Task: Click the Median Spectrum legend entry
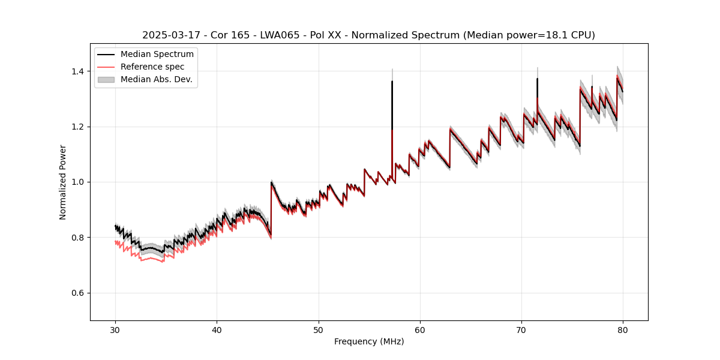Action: [157, 55]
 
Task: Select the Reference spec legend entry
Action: [152, 67]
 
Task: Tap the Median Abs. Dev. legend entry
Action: [156, 79]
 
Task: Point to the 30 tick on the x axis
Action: [116, 329]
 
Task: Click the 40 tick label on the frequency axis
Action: [217, 329]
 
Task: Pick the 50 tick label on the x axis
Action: [319, 329]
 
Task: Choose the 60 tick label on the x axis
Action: [420, 329]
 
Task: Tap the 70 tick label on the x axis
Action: [521, 329]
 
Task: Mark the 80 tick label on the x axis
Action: [623, 329]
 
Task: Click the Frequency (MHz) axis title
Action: [369, 341]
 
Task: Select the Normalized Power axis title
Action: [63, 182]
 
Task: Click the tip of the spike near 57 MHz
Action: [392, 81]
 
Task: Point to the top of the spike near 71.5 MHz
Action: [537, 79]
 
